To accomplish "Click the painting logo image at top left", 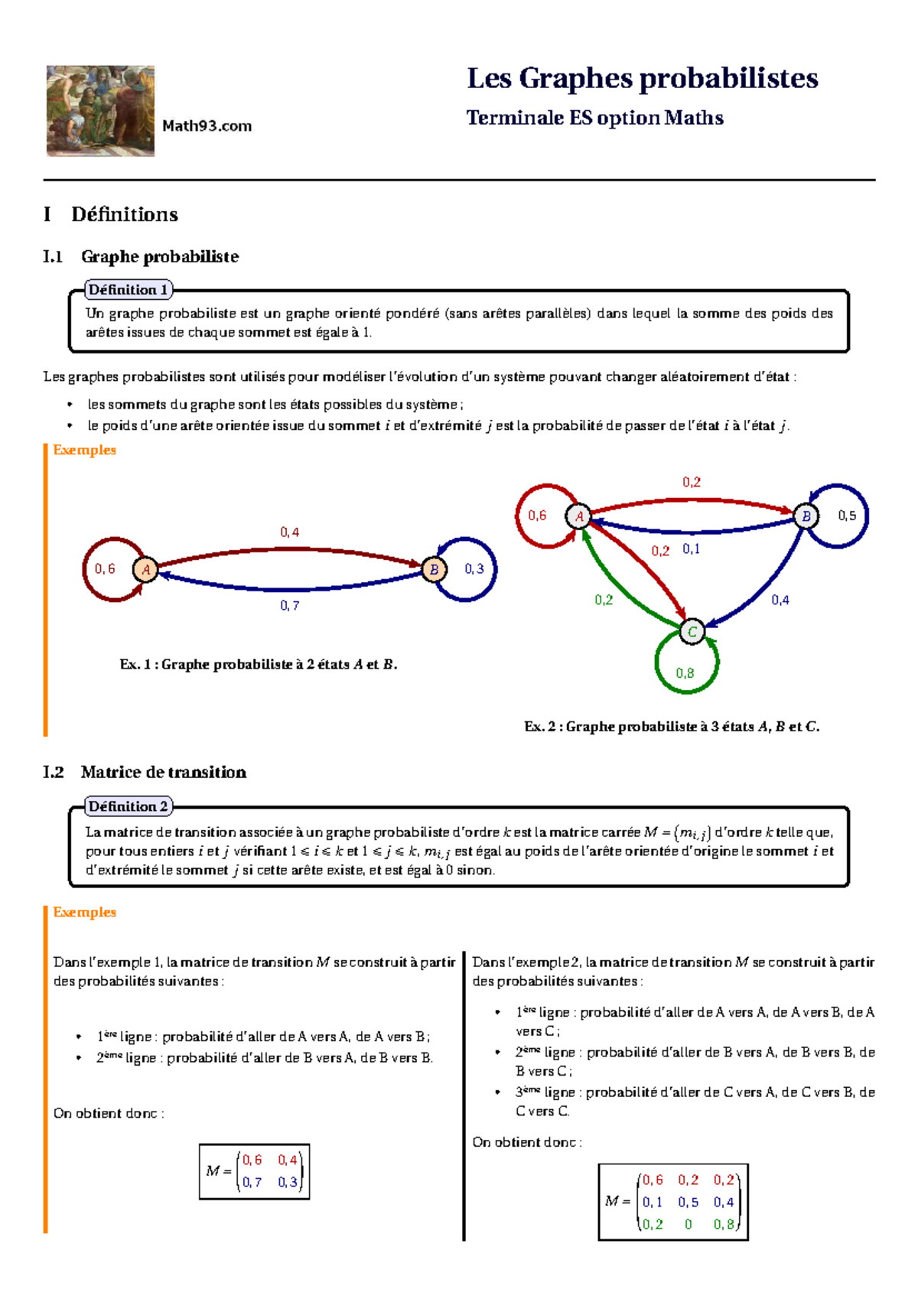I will point(100,111).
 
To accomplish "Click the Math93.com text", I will point(207,126).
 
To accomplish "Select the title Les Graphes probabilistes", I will point(642,79).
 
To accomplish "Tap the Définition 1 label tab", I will point(128,290).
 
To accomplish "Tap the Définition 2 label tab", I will point(128,806).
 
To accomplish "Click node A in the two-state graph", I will point(145,569).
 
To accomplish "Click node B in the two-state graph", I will point(434,569).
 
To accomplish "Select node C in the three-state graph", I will point(692,631).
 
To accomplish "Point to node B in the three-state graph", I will point(806,516).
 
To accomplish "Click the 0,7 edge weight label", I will point(289,606).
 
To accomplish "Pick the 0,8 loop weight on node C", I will point(685,673).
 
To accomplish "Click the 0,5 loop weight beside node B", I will point(847,516).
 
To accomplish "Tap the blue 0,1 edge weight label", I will point(691,549).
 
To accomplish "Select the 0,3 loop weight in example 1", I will point(474,568).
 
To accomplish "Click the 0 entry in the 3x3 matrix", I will point(688,1225).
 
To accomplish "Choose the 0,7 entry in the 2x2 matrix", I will point(252,1182).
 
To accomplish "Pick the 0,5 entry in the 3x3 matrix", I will point(688,1203).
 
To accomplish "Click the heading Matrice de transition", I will point(163,772).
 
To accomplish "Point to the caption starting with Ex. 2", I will point(672,727).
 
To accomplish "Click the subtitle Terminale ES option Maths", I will point(594,118).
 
